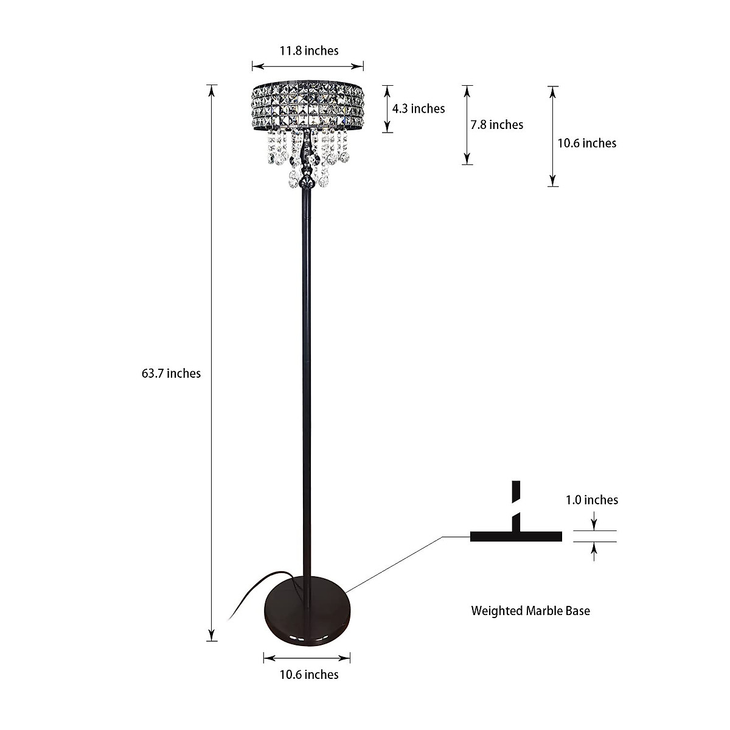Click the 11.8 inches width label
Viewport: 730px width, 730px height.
pyautogui.click(x=308, y=50)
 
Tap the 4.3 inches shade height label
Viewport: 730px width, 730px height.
pyautogui.click(x=418, y=109)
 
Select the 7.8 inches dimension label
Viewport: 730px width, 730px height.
pyautogui.click(x=496, y=125)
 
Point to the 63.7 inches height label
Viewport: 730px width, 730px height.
pyautogui.click(x=171, y=374)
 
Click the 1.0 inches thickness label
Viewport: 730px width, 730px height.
pyautogui.click(x=591, y=500)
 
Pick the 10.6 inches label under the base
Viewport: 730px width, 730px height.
pyautogui.click(x=308, y=675)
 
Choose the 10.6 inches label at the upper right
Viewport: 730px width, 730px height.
pyautogui.click(x=586, y=143)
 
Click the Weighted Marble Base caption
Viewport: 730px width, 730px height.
pyautogui.click(x=530, y=611)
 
